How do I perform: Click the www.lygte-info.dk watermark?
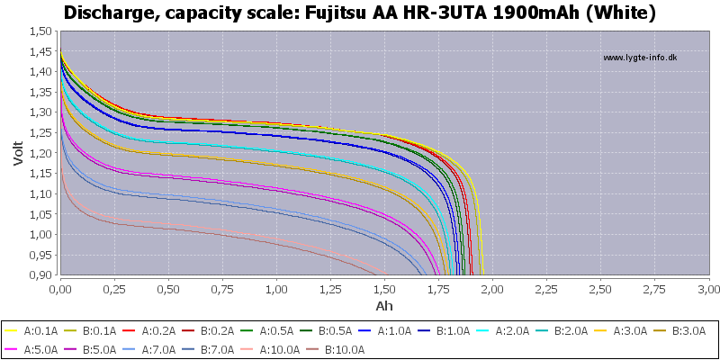coord(639,58)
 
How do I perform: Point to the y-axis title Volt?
coord(19,153)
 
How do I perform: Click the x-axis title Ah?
coord(384,305)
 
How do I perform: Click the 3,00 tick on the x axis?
coord(708,289)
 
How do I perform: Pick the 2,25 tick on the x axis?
coord(546,289)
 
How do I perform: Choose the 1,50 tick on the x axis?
coord(384,289)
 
